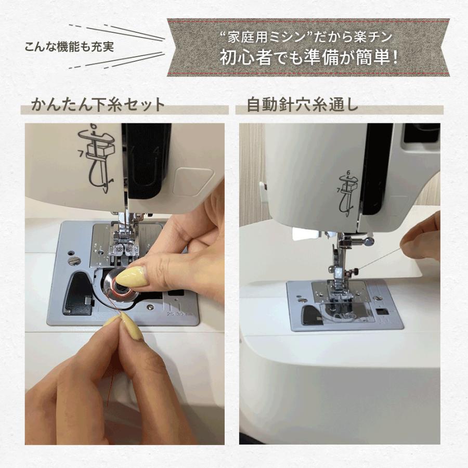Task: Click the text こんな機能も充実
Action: click(69, 46)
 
